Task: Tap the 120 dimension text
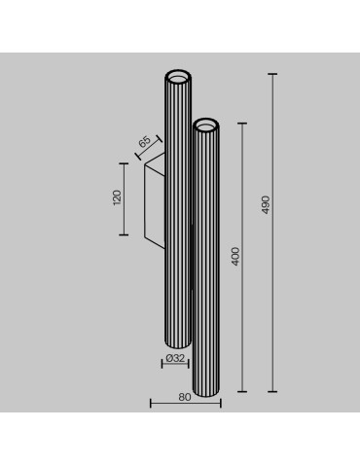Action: pos(117,198)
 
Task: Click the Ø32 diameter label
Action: pos(176,360)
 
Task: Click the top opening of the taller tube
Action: pos(179,77)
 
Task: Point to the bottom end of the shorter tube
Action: pos(205,392)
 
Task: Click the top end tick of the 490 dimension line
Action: pos(272,73)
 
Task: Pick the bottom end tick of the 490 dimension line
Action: pos(272,391)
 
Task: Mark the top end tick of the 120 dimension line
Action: pos(125,162)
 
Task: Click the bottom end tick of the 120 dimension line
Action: pos(125,234)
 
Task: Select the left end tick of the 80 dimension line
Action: pos(150,403)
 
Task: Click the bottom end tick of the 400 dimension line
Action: pos(242,391)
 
